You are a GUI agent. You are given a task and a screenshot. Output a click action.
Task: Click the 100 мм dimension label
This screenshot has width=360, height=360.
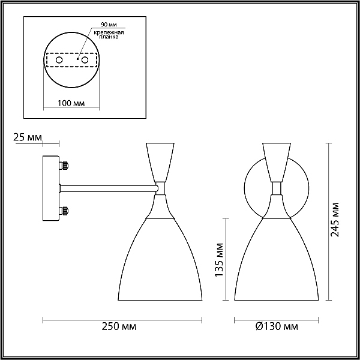pyautogui.click(x=71, y=103)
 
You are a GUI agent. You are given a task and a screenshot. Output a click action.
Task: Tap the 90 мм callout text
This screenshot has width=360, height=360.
pyautogui.click(x=109, y=25)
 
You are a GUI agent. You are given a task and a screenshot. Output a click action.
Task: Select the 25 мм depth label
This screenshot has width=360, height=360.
pyautogui.click(x=28, y=137)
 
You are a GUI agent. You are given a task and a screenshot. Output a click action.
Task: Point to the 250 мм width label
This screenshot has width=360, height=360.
pyautogui.click(x=119, y=326)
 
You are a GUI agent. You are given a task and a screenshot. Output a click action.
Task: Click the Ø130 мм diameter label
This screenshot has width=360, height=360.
pyautogui.click(x=277, y=326)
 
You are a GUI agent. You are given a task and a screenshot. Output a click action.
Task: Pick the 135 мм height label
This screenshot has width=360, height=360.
pyautogui.click(x=219, y=260)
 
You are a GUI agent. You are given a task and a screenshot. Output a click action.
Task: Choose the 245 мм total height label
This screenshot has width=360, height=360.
pyautogui.click(x=334, y=220)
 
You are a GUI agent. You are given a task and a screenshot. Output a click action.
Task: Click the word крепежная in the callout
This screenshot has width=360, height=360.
pyautogui.click(x=109, y=32)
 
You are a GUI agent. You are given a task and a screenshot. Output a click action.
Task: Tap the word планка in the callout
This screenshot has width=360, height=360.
pyautogui.click(x=109, y=37)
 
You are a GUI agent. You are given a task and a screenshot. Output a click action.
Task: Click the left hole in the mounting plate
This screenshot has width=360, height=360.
pyautogui.click(x=59, y=60)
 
